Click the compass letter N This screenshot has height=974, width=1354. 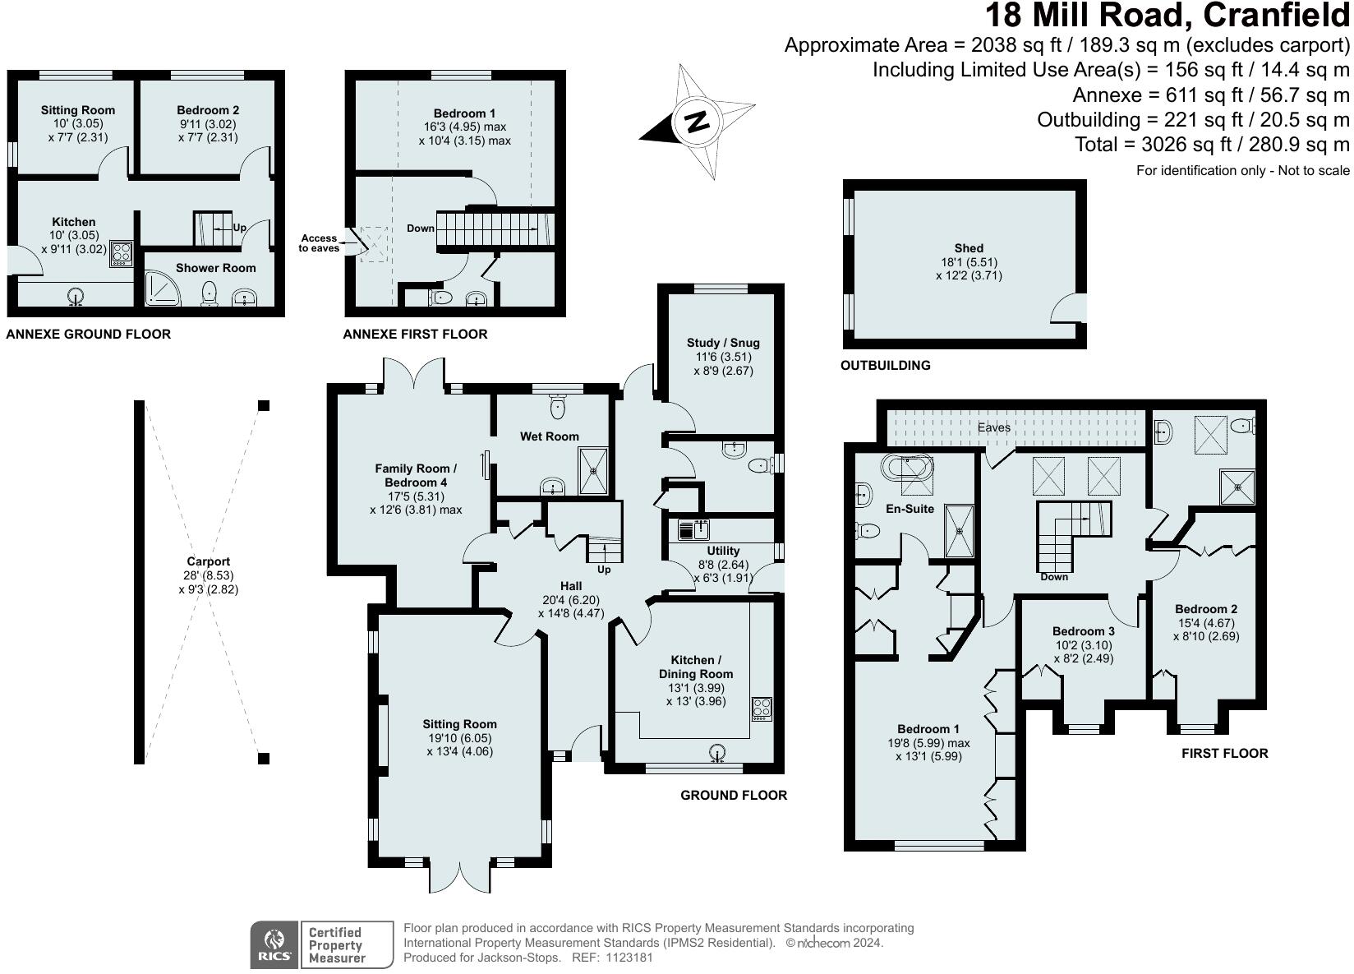coord(697,122)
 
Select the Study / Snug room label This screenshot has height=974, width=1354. coord(722,343)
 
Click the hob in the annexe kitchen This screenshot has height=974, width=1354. coord(122,252)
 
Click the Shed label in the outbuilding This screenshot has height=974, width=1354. coord(969,248)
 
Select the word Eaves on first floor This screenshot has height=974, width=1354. coord(993,427)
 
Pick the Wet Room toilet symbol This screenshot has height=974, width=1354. coord(558,404)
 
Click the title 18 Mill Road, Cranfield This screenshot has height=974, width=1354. coord(1167,16)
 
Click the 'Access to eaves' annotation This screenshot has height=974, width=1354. coord(319,243)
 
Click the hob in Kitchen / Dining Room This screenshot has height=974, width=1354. coord(762,709)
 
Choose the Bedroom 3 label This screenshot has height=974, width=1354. coord(1083,631)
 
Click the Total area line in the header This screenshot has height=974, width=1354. coord(1212,145)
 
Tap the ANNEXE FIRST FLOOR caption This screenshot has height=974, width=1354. coord(415,335)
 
